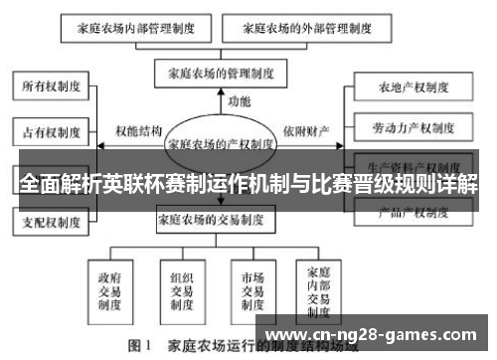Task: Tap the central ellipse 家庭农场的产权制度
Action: pos(221,142)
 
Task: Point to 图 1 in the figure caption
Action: pos(139,347)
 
